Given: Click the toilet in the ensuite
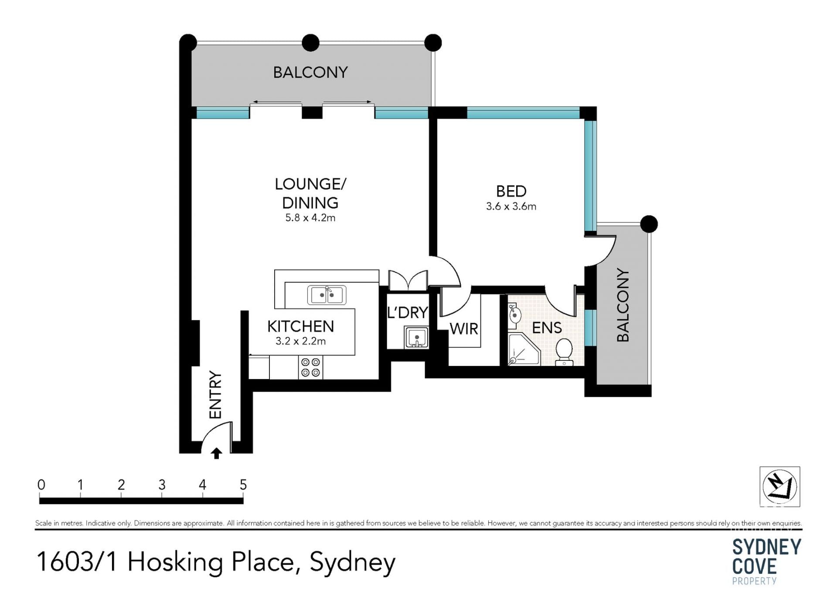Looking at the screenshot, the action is coord(564,352).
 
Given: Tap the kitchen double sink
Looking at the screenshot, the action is coord(327,295).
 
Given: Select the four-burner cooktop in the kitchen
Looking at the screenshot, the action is coord(311,367).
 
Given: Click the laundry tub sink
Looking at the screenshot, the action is coord(417,337).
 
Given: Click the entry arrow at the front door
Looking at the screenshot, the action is coord(216,453).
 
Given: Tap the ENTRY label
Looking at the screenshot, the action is coord(215,395).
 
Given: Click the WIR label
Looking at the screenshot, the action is coord(464,329).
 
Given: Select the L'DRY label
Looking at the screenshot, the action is coord(408,312).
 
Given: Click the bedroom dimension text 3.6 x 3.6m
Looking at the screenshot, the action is coord(511,206).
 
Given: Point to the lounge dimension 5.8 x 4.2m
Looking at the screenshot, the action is coord(310,218).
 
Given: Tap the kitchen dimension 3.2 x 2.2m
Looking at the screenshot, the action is coord(300,341).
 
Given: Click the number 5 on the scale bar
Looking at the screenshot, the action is coord(243,485).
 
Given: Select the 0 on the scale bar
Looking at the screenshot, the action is coord(41,485).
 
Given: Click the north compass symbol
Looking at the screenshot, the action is coord(780,486).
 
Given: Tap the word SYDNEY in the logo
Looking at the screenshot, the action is coord(766,547).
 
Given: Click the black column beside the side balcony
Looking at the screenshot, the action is coord(649,224).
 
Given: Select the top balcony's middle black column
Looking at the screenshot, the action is coord(310,43).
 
